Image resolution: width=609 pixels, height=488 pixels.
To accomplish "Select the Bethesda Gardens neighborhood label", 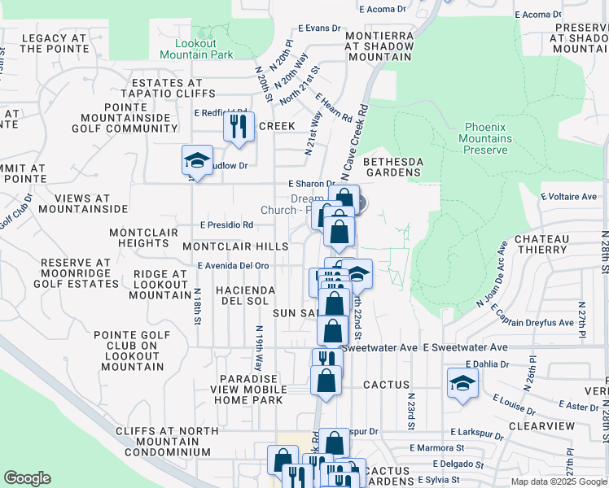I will point(392,167).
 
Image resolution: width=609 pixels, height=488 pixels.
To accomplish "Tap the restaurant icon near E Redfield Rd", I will point(239,126).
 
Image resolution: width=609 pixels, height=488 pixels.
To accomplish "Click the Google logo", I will point(27,478).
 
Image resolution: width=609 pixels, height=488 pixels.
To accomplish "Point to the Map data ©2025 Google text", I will point(559,481).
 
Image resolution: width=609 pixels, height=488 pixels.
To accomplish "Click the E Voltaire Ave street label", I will point(569,197).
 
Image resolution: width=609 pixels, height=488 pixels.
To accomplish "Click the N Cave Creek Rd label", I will point(355,142).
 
